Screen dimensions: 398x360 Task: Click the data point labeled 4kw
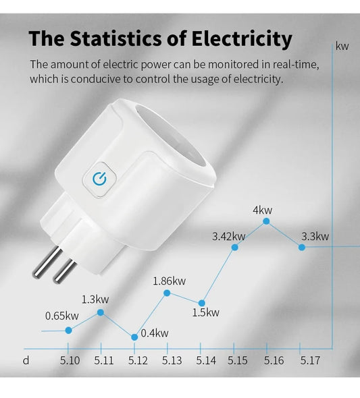click(x=267, y=221)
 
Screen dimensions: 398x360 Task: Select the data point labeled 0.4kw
click(x=134, y=336)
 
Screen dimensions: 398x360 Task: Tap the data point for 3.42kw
click(x=235, y=248)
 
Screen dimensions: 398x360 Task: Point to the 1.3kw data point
click(x=101, y=312)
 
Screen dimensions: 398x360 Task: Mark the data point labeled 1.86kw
click(x=167, y=292)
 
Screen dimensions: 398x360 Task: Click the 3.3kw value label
click(x=315, y=236)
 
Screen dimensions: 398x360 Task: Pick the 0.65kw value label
click(x=62, y=316)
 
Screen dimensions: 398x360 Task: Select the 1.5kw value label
click(x=205, y=312)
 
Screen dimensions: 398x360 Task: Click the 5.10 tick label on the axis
click(x=70, y=361)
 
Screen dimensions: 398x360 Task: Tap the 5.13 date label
click(x=172, y=361)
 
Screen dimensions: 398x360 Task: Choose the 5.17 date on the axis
click(x=310, y=361)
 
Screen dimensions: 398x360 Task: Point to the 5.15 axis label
click(x=238, y=361)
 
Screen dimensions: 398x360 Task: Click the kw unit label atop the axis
click(x=342, y=47)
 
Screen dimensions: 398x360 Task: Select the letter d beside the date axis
click(x=26, y=361)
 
